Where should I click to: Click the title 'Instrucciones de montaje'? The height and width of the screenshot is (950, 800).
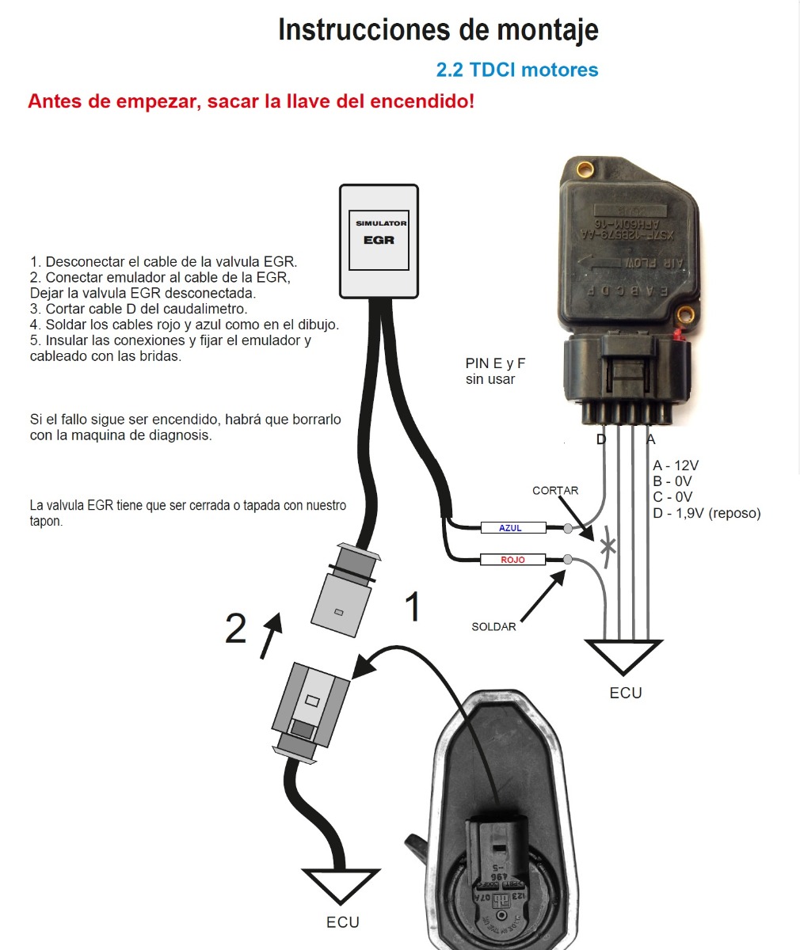(438, 31)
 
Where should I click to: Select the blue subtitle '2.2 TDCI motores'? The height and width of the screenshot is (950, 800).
(517, 70)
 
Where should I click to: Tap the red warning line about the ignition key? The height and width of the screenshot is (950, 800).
(250, 101)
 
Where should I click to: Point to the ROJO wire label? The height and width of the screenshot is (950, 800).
(512, 560)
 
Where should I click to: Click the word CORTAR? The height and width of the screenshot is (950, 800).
(555, 490)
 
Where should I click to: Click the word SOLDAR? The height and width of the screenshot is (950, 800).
(493, 627)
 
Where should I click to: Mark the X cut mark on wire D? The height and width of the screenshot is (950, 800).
(608, 545)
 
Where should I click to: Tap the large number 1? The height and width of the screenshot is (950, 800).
(412, 607)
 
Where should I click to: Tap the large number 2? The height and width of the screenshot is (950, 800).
(235, 629)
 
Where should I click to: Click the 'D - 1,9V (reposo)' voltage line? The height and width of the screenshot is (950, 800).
(707, 513)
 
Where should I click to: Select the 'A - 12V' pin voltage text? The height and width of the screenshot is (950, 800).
(676, 465)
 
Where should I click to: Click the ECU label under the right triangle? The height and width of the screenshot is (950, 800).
(626, 693)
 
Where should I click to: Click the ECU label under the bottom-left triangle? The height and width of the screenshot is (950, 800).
(342, 922)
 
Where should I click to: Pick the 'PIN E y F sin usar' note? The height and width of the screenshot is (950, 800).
(495, 371)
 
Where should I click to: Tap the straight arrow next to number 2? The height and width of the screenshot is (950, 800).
(270, 635)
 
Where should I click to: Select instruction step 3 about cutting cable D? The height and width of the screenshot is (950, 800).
(139, 309)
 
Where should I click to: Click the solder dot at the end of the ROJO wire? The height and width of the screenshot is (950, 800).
(568, 560)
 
